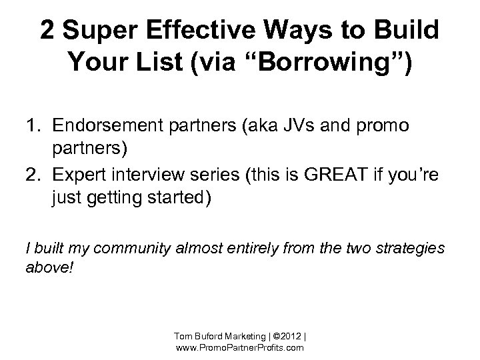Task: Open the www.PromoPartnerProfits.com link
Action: pos(239,347)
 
